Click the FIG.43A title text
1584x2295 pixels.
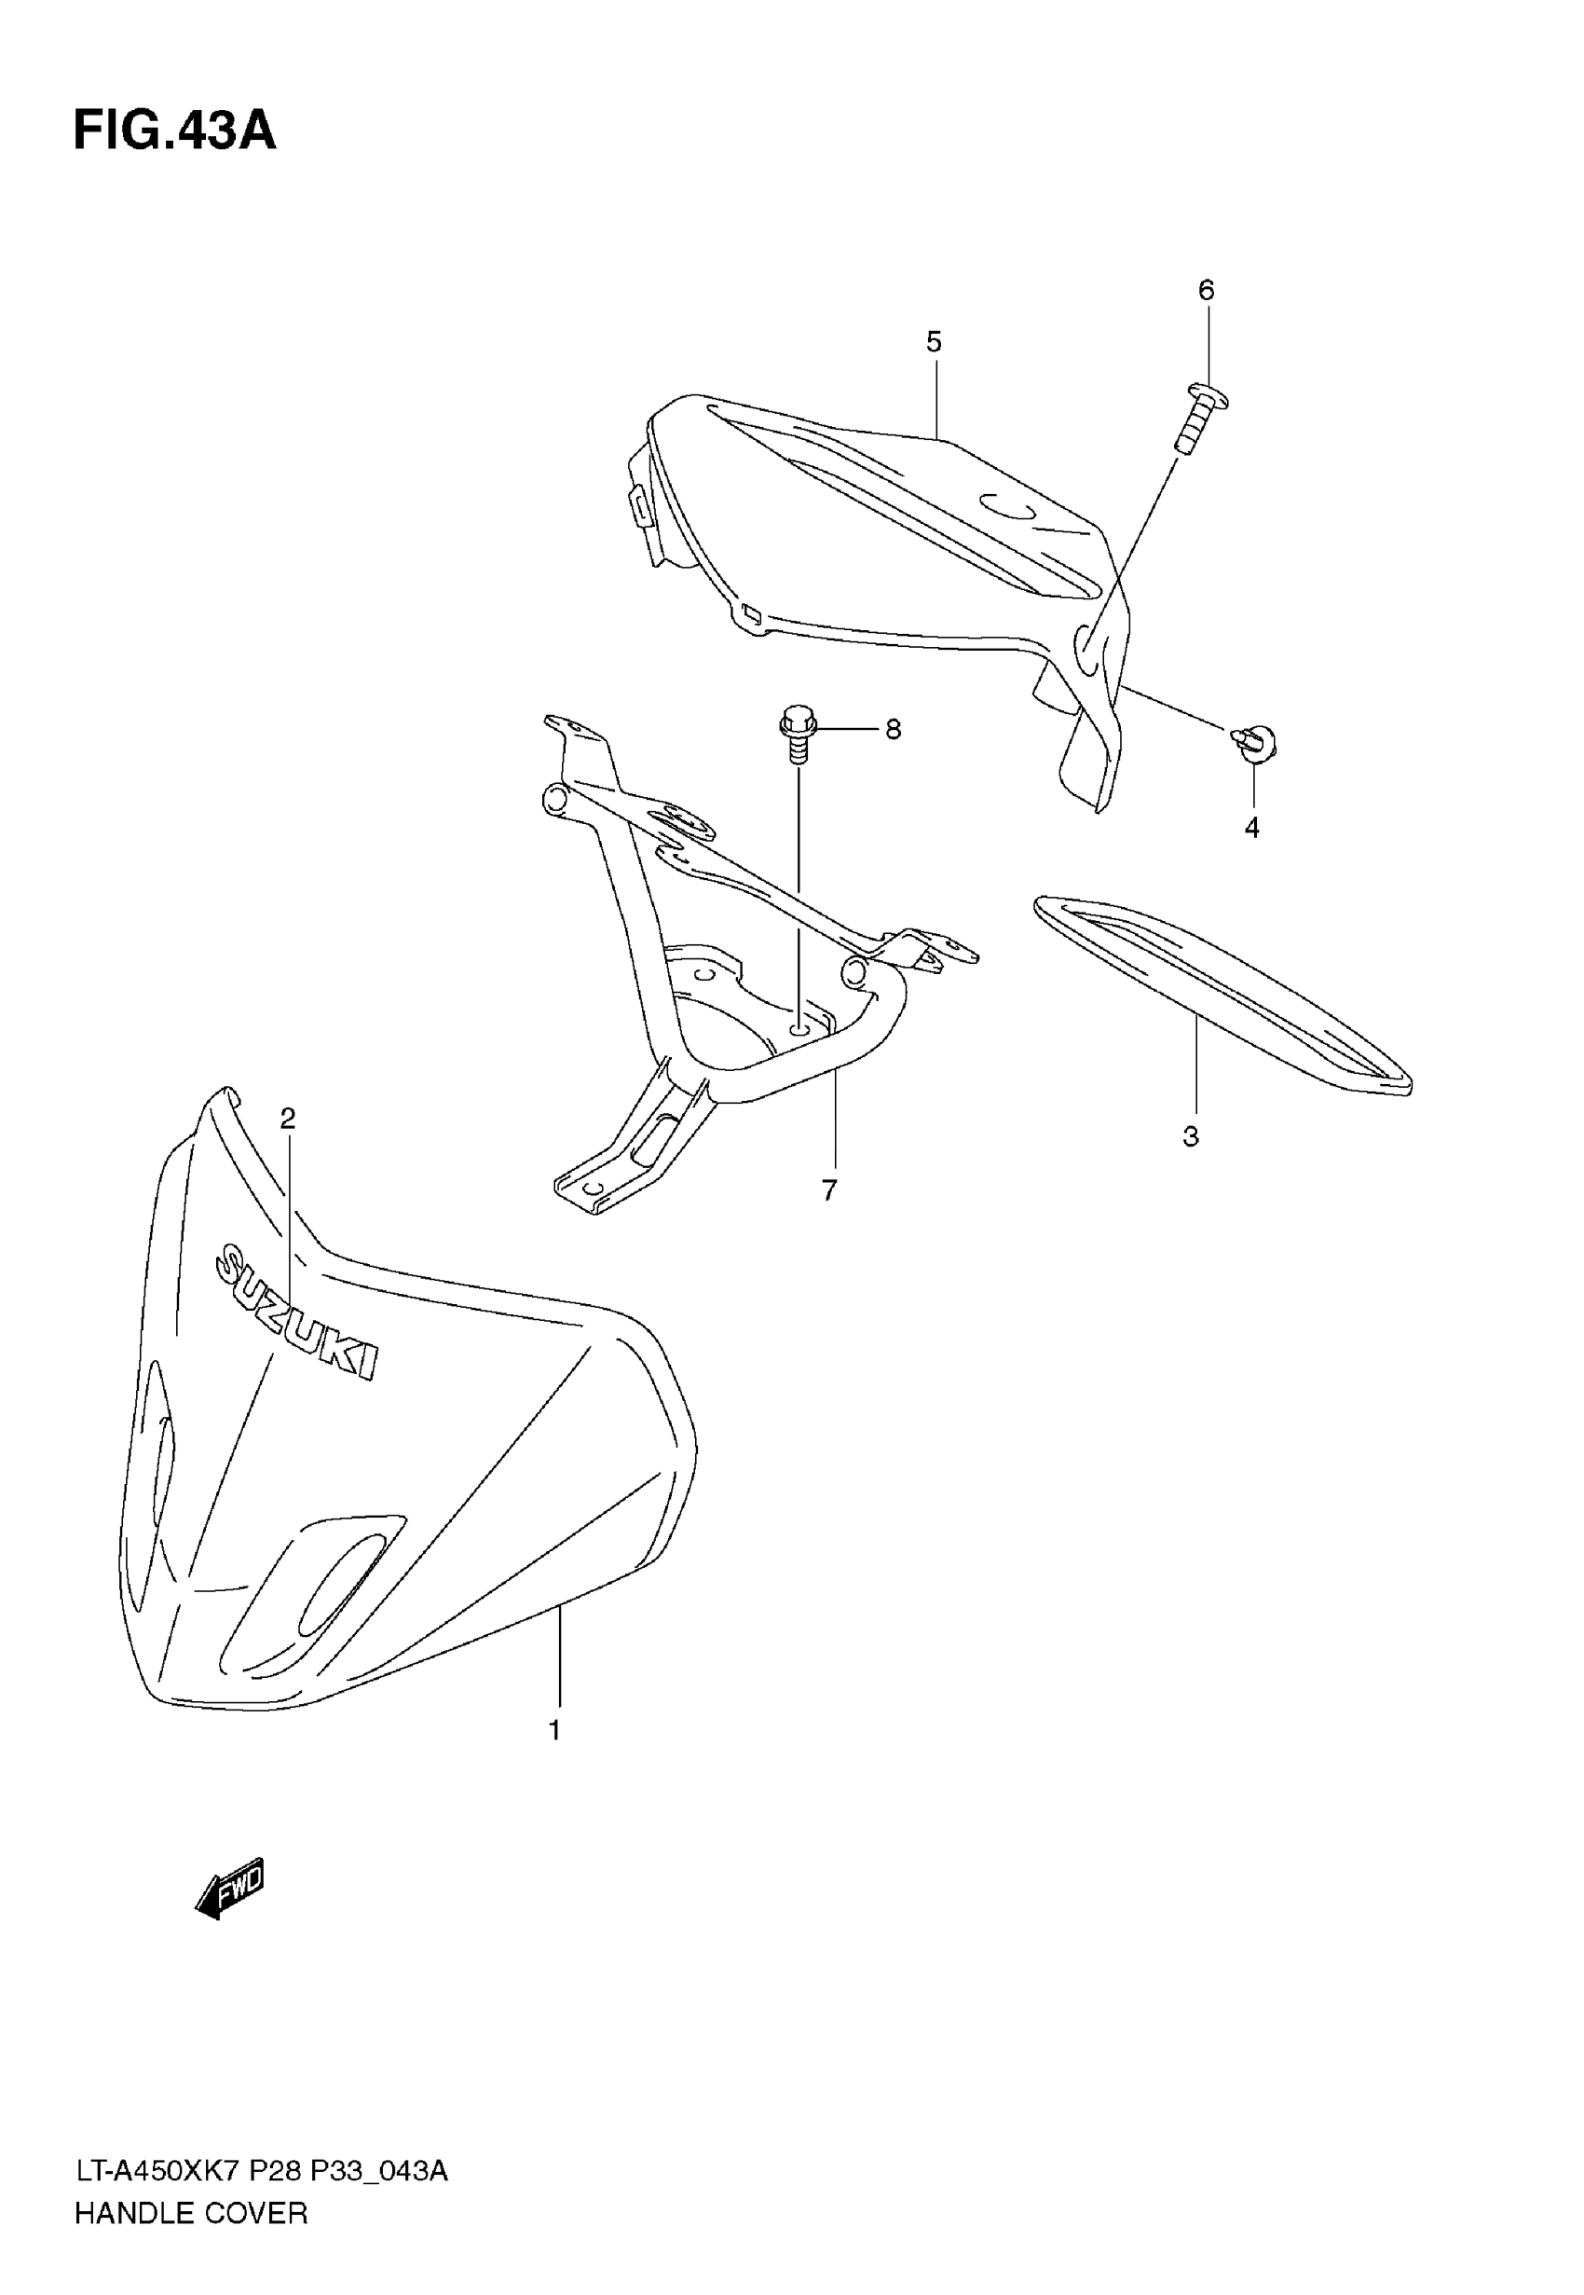click(174, 131)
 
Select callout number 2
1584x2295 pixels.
click(288, 1119)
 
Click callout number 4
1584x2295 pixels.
click(1252, 827)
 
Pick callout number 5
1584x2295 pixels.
click(934, 342)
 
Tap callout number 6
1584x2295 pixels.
click(1206, 290)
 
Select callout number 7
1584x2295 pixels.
click(829, 1189)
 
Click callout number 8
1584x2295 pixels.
click(894, 730)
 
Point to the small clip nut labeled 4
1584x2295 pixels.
click(1256, 744)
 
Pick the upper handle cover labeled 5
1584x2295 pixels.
click(894, 536)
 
